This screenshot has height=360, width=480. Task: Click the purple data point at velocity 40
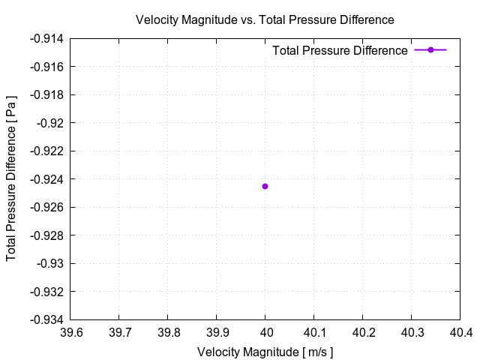point(265,186)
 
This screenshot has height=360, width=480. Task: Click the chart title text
point(265,19)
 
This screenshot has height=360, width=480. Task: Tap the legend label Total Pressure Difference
point(340,50)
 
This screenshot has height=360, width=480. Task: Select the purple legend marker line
point(430,50)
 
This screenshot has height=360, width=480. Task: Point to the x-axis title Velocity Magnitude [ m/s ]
point(265,352)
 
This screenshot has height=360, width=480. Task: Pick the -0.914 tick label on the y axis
point(49,39)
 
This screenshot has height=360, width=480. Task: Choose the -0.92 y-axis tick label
point(52,123)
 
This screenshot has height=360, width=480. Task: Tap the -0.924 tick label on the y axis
point(49,179)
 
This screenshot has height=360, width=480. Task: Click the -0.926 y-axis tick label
point(49,207)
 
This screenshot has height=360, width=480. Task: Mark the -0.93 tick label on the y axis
point(52,263)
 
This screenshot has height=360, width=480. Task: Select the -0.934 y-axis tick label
point(49,319)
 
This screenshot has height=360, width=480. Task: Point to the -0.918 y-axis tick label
point(49,95)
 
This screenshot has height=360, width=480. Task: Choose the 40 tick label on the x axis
point(265,332)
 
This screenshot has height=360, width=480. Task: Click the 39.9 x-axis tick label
point(217,332)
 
